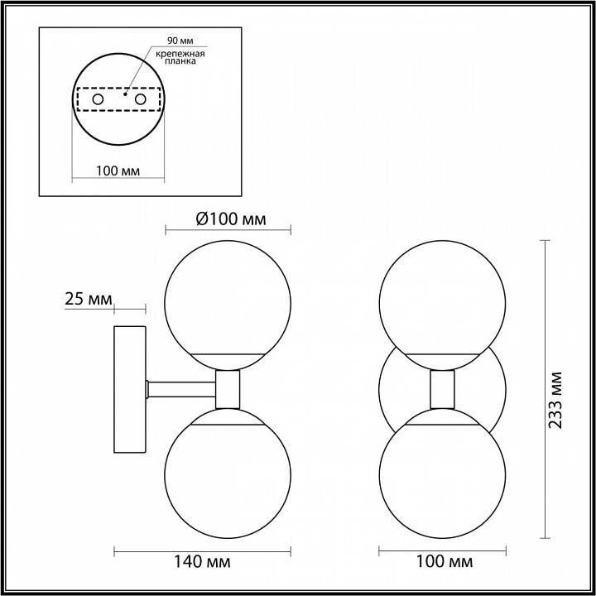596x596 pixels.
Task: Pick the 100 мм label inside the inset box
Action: (x=118, y=171)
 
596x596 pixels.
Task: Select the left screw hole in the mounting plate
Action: (x=98, y=100)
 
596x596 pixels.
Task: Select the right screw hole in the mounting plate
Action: (x=140, y=100)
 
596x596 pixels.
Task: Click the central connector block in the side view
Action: (x=228, y=387)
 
